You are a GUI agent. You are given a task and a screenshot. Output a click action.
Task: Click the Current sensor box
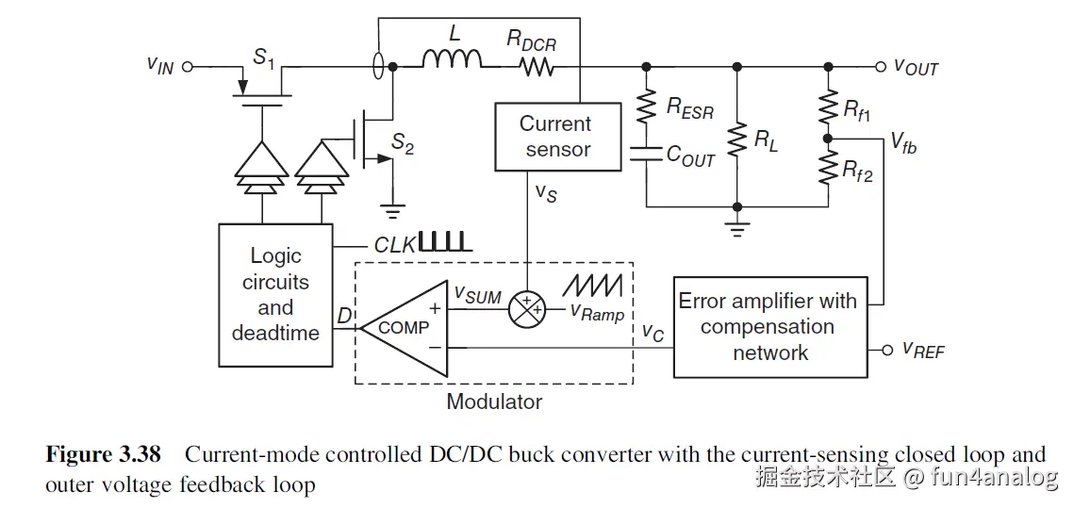pyautogui.click(x=556, y=137)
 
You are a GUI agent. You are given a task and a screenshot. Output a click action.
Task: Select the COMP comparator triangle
pyautogui.click(x=406, y=327)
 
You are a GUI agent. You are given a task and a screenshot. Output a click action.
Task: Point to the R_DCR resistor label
pyautogui.click(x=532, y=39)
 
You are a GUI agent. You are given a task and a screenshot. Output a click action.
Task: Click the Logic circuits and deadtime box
pyautogui.click(x=275, y=294)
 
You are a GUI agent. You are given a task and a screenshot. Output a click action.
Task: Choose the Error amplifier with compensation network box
pyautogui.click(x=769, y=327)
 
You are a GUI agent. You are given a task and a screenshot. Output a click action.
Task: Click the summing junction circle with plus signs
pyautogui.click(x=527, y=307)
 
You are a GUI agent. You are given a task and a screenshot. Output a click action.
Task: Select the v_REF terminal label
pyautogui.click(x=923, y=350)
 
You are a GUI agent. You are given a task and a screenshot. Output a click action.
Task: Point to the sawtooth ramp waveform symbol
pyautogui.click(x=594, y=283)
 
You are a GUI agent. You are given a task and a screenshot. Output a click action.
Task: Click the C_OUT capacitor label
pyautogui.click(x=691, y=156)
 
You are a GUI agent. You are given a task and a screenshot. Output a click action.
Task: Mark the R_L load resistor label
pyautogui.click(x=766, y=141)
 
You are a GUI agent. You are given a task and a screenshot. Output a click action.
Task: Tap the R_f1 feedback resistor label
pyautogui.click(x=857, y=112)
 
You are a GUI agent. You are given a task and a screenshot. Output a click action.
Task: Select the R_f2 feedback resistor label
pyautogui.click(x=858, y=172)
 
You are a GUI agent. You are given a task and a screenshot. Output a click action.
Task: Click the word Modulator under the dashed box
pyautogui.click(x=494, y=401)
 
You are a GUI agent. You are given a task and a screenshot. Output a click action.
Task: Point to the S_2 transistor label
pyautogui.click(x=403, y=143)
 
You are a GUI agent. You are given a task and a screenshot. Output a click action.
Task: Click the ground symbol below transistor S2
pyautogui.click(x=391, y=210)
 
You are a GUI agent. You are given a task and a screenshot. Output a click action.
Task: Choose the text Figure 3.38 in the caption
pyautogui.click(x=103, y=455)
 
